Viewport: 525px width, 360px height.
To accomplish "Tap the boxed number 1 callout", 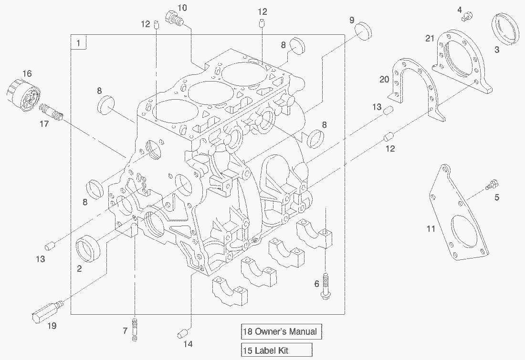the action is click(x=78, y=42).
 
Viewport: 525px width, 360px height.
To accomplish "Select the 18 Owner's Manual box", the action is click(x=281, y=331).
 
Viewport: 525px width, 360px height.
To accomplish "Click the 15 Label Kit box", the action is click(x=276, y=350).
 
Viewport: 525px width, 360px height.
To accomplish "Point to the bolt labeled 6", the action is click(x=325, y=286).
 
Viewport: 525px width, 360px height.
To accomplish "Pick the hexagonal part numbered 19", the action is click(x=47, y=311).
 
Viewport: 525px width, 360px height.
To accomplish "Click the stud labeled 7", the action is click(x=135, y=329).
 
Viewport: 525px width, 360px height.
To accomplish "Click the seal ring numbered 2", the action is click(x=88, y=248).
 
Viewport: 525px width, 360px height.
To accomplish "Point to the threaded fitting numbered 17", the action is click(x=52, y=113).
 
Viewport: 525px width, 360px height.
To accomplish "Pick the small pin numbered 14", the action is click(x=183, y=333).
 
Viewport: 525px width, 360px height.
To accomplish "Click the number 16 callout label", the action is click(x=27, y=73).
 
